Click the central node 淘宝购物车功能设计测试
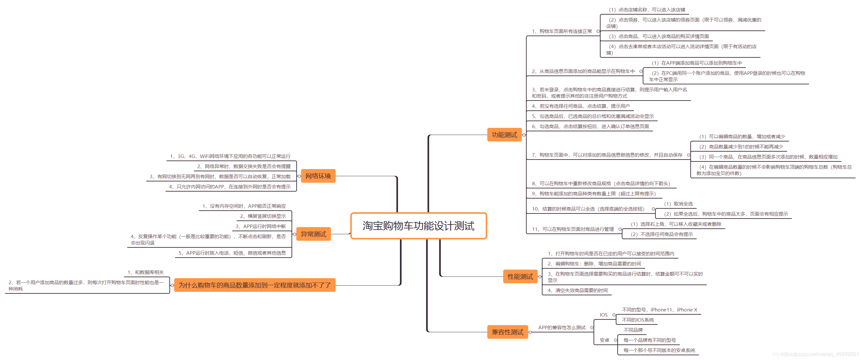click(418, 226)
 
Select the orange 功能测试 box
click(504, 135)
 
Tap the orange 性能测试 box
click(520, 277)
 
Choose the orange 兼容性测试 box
click(507, 332)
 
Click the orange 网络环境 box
click(318, 176)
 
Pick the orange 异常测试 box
click(313, 234)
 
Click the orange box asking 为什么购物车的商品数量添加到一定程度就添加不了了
click(254, 285)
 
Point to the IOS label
click(604, 315)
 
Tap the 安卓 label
click(604, 340)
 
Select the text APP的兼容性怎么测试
click(562, 328)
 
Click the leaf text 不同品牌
click(633, 330)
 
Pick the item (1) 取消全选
click(678, 204)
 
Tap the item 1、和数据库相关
click(146, 272)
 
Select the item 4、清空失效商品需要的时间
click(578, 291)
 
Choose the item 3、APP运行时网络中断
click(261, 226)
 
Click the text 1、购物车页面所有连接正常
click(562, 31)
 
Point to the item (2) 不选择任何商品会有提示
click(661, 234)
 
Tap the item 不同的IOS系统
click(638, 320)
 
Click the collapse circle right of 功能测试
click(524, 135)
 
